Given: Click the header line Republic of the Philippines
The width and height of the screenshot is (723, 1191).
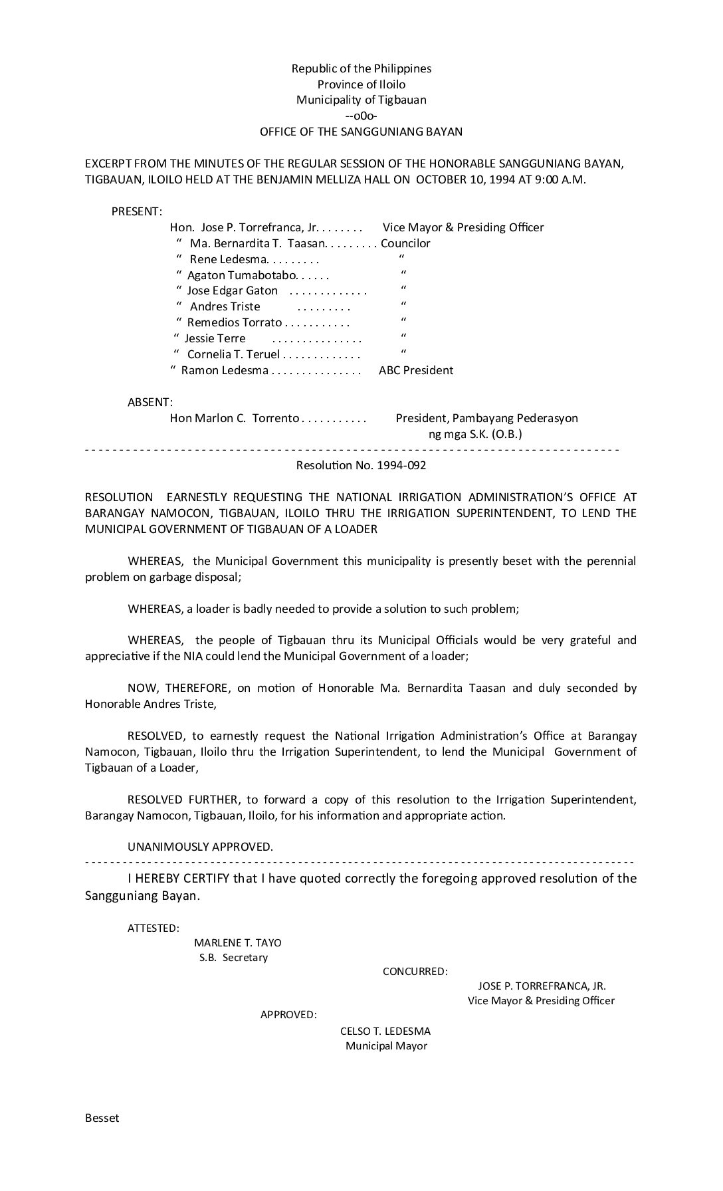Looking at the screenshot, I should pos(361,68).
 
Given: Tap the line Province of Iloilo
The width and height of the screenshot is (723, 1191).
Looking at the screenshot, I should pos(361,84).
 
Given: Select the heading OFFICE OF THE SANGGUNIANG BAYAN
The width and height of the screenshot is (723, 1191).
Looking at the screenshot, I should pos(361,132).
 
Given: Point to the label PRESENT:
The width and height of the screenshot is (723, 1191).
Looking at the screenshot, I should pos(136,211).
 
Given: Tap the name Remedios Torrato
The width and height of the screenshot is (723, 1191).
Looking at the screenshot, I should pos(234,322).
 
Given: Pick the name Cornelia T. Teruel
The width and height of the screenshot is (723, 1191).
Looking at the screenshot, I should pos(233,354).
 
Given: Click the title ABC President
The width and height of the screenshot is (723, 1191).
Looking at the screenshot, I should pos(416,370).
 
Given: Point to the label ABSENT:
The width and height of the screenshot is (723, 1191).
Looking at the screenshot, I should pos(150,402).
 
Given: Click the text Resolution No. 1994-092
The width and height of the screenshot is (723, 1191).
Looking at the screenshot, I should pos(361,465).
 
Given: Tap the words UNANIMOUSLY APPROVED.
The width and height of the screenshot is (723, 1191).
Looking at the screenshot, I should pos(200,847).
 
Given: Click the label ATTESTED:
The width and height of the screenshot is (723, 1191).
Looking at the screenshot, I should pos(153,928).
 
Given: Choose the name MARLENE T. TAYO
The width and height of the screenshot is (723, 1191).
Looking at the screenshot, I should pos(237,942).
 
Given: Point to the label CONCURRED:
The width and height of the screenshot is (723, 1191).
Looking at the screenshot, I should pos(415,971).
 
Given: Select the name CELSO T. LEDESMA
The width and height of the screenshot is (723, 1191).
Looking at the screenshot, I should pos(385,1031).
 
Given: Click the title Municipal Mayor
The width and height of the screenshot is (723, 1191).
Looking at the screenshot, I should pos(386,1046).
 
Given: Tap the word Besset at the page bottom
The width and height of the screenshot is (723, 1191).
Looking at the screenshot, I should pos(102,1117).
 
